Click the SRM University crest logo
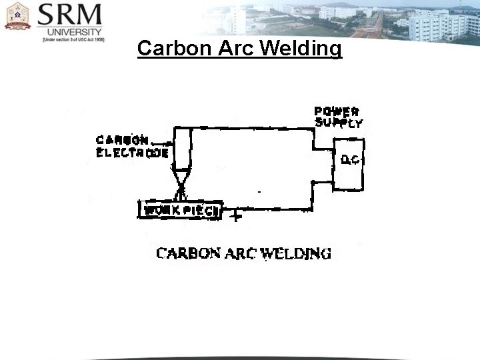point(17,16)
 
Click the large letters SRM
point(69,15)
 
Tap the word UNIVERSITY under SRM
point(69,31)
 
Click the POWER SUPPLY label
point(339,117)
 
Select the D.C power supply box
point(349,163)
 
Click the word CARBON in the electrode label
point(122,140)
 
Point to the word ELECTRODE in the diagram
point(132,153)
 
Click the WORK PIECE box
point(180,210)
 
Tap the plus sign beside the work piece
point(235,216)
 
